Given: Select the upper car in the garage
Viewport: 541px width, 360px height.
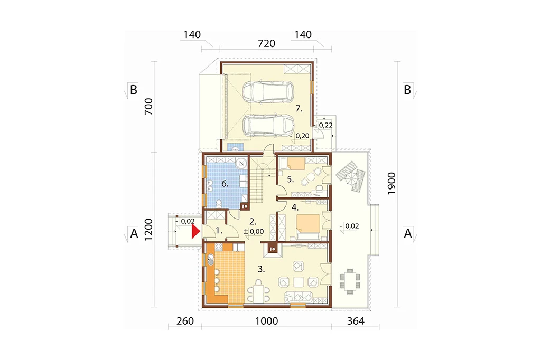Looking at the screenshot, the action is (x=268, y=92).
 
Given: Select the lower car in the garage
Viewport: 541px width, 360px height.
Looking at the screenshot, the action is (x=268, y=125).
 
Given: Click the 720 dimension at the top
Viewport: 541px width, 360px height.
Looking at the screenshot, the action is (x=267, y=43).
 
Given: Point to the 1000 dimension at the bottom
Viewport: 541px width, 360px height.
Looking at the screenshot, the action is (x=267, y=321).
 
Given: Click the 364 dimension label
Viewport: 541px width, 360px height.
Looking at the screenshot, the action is (x=356, y=321).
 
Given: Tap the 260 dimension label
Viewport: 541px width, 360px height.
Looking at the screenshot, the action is (x=185, y=321).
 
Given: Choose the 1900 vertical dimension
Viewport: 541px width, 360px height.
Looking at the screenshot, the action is (x=391, y=184).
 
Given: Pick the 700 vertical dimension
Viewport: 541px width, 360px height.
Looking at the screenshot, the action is (x=148, y=107).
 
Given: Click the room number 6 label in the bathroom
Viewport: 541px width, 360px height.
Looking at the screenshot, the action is (x=225, y=184).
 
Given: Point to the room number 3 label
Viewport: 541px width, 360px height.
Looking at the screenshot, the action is (x=262, y=269).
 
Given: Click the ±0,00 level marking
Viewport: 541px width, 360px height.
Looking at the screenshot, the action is (x=254, y=231).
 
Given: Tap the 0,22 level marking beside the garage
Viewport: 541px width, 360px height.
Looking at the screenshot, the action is (x=325, y=125).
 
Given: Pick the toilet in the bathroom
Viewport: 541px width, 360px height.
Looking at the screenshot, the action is (x=219, y=203).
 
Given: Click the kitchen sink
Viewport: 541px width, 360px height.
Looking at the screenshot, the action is (x=210, y=260).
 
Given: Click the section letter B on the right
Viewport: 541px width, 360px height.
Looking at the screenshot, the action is (x=407, y=90).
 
